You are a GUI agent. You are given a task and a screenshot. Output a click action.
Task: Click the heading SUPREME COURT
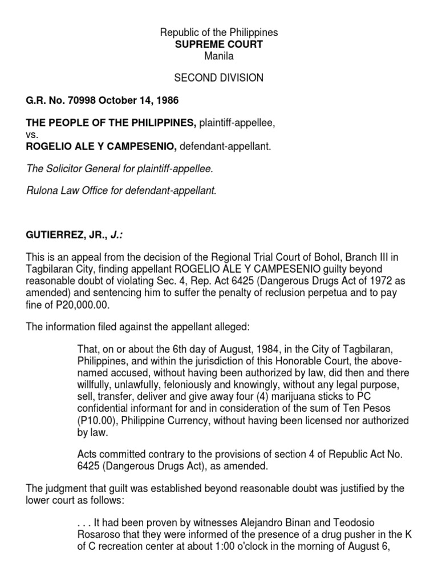tap(219, 44)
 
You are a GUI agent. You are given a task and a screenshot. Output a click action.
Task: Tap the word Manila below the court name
tap(219, 56)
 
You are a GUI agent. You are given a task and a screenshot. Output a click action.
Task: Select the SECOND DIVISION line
tap(219, 78)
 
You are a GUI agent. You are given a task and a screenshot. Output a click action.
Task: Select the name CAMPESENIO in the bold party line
tap(146, 146)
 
